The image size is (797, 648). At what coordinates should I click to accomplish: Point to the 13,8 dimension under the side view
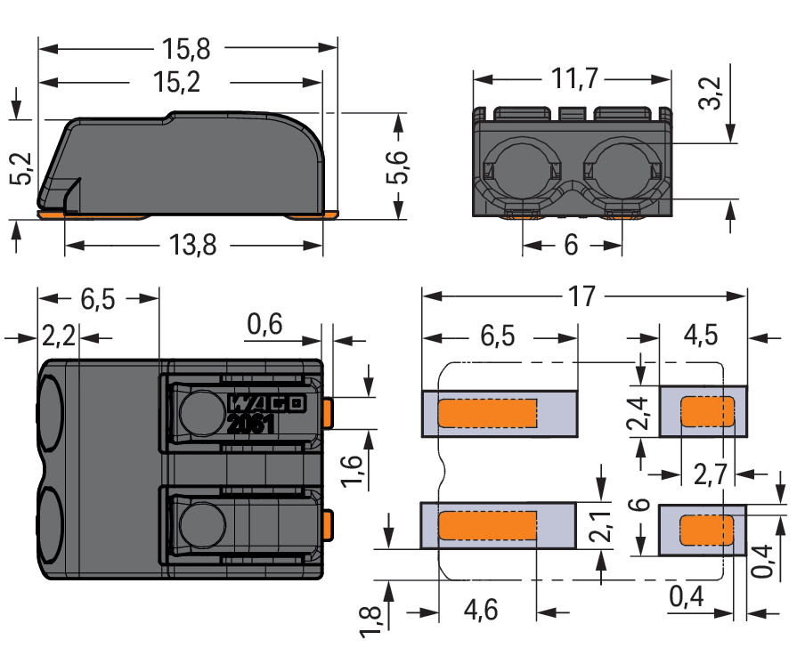click(191, 245)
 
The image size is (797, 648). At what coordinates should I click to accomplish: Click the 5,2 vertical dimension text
click(20, 168)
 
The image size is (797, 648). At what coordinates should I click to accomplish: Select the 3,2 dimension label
click(710, 92)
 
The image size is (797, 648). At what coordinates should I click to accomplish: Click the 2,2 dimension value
click(60, 338)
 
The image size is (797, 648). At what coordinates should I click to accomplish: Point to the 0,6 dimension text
click(264, 327)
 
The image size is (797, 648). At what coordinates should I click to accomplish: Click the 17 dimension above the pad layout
click(581, 296)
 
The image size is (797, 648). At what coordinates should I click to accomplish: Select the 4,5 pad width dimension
click(701, 337)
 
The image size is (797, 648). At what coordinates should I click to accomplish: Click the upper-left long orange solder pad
click(488, 413)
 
